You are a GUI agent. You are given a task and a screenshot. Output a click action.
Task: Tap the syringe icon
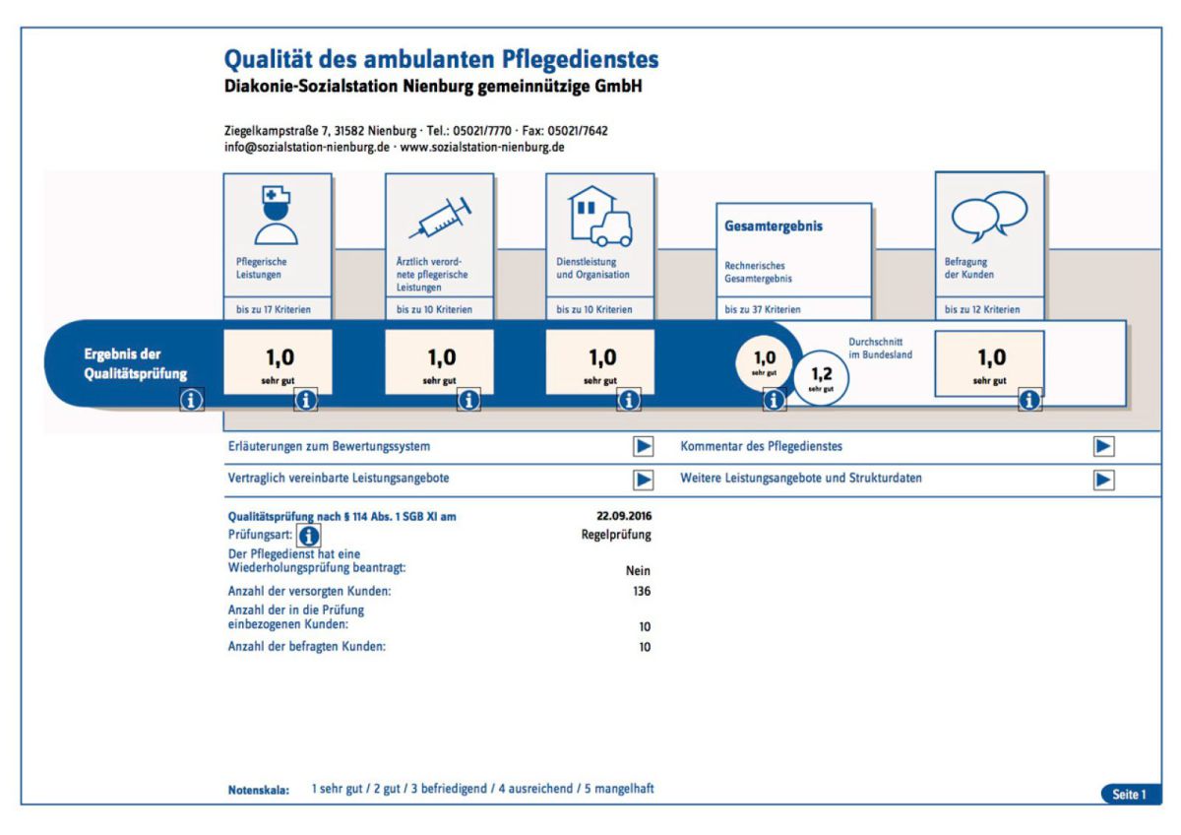point(439,219)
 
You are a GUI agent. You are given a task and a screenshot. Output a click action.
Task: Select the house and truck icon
point(599,217)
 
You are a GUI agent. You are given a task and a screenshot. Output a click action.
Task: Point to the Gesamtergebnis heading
point(774,226)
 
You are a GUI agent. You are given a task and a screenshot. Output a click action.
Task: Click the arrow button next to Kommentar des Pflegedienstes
point(1104,446)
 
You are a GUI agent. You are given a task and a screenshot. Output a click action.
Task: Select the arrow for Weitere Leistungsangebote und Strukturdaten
point(1104,480)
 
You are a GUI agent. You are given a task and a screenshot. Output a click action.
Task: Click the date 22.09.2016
point(623,515)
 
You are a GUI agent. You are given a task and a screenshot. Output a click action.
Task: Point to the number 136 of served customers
point(641,592)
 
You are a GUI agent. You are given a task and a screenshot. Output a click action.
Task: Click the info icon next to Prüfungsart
point(308,535)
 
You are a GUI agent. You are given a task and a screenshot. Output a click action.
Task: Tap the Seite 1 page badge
point(1130,794)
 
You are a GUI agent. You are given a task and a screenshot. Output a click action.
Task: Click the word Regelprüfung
point(616,535)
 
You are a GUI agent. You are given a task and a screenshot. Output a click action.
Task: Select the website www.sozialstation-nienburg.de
point(482,148)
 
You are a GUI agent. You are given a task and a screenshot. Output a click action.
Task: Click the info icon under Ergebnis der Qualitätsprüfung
point(192,400)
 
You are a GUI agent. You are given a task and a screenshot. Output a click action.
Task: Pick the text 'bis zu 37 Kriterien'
point(762,309)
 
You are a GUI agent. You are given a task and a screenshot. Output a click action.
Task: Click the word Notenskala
point(258,790)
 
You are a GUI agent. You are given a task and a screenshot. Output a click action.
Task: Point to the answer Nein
point(638,570)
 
